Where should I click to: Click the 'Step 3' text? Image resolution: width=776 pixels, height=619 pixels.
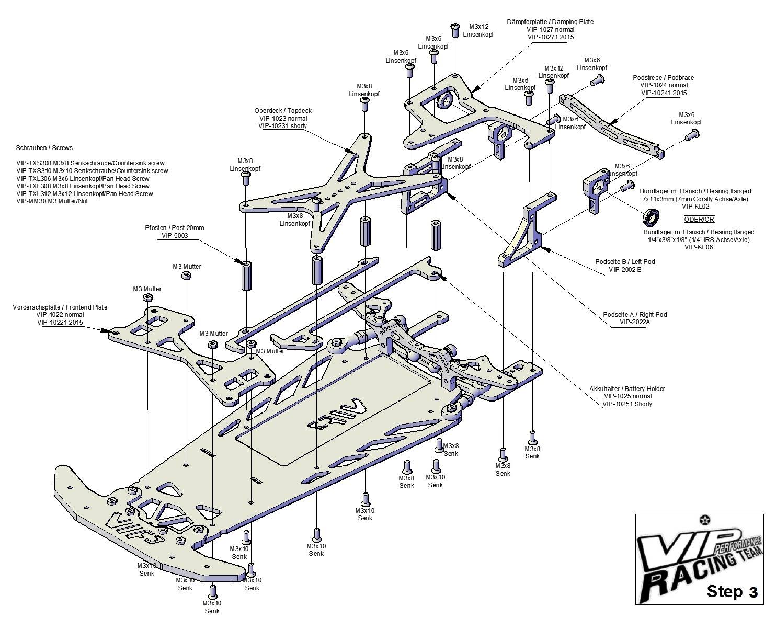[x=732, y=591]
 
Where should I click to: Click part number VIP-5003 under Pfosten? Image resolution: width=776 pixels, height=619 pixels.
[x=173, y=236]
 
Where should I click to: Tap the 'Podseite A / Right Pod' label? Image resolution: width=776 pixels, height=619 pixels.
[x=635, y=314]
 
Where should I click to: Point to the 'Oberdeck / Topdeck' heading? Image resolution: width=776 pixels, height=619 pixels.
[x=283, y=111]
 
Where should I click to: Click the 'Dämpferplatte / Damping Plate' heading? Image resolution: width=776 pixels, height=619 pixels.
[x=550, y=22]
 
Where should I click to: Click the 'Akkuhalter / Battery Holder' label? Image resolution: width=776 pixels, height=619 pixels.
[x=627, y=388]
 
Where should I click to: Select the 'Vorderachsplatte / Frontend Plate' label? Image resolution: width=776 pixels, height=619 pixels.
[x=60, y=307]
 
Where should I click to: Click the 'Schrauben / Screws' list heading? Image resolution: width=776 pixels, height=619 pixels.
[x=44, y=148]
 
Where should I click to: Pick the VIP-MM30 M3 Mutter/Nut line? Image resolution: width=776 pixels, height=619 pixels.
[x=52, y=201]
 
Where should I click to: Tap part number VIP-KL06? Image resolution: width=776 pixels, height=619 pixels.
[x=699, y=247]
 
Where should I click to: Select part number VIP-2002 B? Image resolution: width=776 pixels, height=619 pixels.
[x=625, y=270]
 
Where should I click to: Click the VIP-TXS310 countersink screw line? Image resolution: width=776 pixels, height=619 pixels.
[x=92, y=170]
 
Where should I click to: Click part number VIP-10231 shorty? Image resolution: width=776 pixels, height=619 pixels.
[x=283, y=126]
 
